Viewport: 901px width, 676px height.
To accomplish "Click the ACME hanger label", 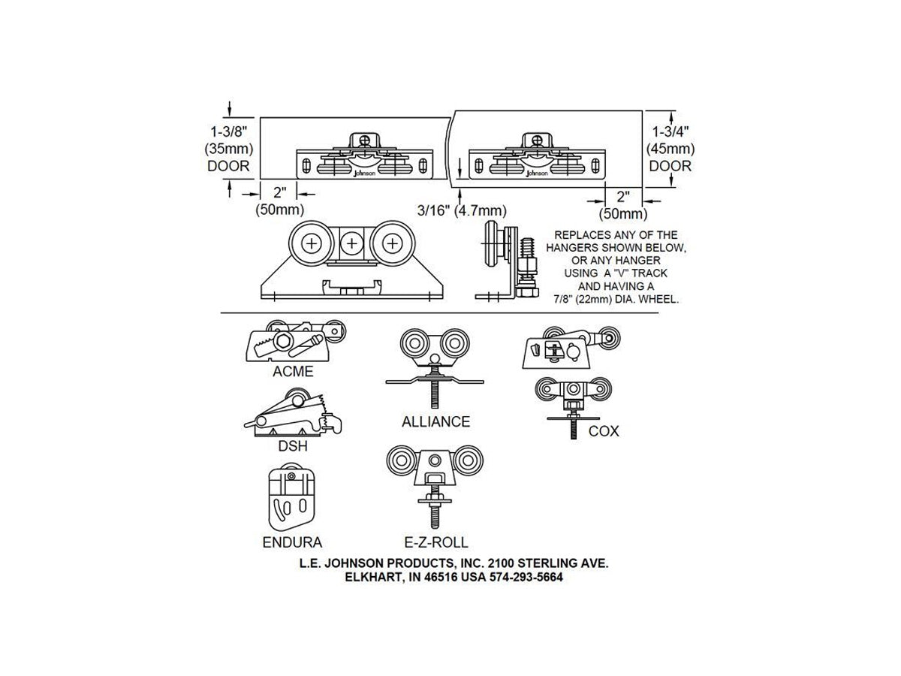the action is [293, 371].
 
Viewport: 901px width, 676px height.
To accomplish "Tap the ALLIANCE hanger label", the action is [435, 421].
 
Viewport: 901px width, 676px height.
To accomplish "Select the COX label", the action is [604, 431].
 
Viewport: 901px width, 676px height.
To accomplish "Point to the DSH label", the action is [293, 445].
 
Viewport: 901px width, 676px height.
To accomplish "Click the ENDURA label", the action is [292, 542].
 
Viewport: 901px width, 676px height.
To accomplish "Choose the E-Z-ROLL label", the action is [436, 542].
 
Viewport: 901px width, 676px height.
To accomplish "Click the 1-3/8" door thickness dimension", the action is [229, 131].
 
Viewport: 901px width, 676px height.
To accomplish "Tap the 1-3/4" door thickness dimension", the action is [670, 131].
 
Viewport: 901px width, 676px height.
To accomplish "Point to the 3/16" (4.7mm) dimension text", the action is [462, 210].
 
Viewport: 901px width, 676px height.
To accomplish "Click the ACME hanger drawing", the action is [296, 341].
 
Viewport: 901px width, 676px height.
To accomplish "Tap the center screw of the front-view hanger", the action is [352, 244].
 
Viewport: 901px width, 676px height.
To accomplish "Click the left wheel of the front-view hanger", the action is [312, 244].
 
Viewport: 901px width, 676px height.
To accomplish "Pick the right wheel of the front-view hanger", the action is [393, 244].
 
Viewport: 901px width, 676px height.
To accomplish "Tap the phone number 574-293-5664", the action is [526, 577].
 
